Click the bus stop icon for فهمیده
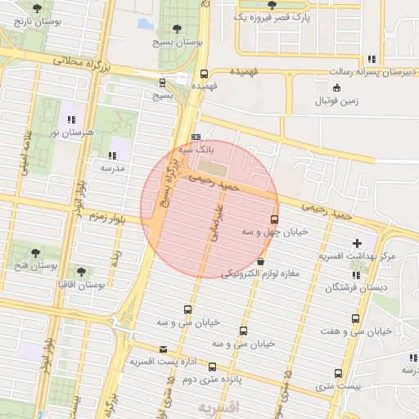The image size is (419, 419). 204,73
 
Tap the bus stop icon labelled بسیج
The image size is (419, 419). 162,82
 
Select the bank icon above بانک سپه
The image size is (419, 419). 196,137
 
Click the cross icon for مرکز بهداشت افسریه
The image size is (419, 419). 356,243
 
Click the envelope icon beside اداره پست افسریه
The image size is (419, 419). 163,349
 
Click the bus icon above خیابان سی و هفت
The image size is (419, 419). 355,318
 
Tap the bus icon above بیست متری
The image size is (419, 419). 340,373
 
